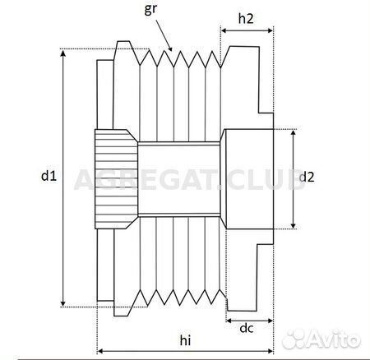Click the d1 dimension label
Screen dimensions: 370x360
(49, 176)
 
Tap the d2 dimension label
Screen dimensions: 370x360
(307, 177)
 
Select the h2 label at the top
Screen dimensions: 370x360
(246, 19)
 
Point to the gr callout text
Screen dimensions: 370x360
(150, 9)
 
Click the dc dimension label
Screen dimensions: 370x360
(247, 328)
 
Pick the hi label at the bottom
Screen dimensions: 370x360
(185, 340)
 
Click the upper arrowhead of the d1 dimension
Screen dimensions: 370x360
(63, 53)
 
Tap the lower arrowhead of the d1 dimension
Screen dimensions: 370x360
(63, 303)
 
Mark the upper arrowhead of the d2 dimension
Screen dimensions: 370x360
(294, 133)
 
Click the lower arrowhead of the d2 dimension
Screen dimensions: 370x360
(294, 225)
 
